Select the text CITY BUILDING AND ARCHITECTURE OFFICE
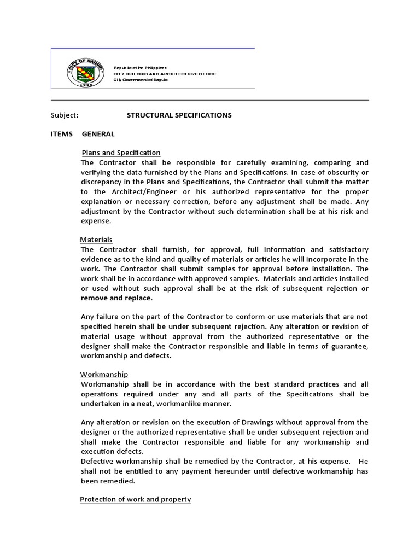tap(165, 73)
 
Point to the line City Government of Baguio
tap(141, 80)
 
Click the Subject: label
tap(65, 115)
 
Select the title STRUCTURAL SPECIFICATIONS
tap(179, 115)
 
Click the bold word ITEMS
tap(61, 134)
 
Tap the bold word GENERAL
tap(98, 134)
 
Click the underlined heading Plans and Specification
tap(121, 153)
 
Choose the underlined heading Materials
tap(96, 240)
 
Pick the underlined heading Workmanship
tap(104, 375)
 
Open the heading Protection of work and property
tap(135, 500)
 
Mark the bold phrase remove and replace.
tap(116, 298)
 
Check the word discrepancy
tap(103, 182)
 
